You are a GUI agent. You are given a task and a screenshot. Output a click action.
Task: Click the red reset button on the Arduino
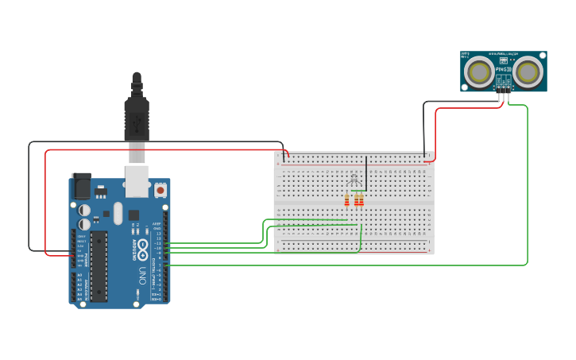click(160, 191)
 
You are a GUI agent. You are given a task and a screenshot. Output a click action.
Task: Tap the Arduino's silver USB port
click(137, 180)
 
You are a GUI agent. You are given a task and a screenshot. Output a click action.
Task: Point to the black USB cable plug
click(137, 119)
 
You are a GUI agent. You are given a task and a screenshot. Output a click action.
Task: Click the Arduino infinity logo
click(141, 250)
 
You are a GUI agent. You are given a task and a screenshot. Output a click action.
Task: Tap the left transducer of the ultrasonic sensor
click(480, 72)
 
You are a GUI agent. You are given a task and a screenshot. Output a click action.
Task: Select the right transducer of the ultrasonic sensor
click(528, 72)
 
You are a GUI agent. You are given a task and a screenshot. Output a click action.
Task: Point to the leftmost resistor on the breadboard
click(346, 199)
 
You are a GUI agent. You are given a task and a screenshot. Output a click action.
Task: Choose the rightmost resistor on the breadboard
click(361, 199)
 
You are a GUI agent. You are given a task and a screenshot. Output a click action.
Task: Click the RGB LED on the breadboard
click(354, 178)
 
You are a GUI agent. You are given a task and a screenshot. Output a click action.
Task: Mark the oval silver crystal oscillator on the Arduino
click(118, 213)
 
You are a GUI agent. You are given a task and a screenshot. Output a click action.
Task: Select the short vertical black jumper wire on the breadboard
click(366, 171)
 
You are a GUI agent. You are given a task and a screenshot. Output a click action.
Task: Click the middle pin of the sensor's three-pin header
click(504, 95)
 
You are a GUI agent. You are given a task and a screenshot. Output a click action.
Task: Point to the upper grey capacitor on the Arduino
click(84, 210)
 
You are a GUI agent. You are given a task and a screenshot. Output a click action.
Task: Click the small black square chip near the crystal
click(133, 215)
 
